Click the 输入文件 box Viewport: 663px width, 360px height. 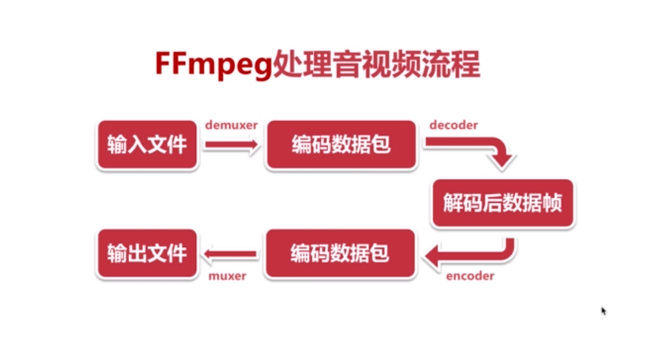[x=147, y=145]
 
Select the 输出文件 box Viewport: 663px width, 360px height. [x=147, y=253]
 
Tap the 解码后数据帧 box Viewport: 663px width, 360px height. [x=503, y=204]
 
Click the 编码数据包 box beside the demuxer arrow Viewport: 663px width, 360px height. [x=341, y=145]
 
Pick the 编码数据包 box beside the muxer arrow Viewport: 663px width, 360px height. [x=340, y=253]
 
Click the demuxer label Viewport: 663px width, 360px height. [x=231, y=125]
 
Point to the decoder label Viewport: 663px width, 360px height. [x=453, y=125]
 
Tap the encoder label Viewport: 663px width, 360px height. [x=470, y=276]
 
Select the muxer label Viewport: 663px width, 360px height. [x=227, y=276]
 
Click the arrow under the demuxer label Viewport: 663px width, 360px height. [x=231, y=145]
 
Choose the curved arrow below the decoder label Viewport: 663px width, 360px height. [x=482, y=150]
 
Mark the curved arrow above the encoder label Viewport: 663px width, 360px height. [x=473, y=255]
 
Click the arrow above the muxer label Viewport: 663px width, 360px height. [x=231, y=254]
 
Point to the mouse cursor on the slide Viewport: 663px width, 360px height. [x=603, y=310]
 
